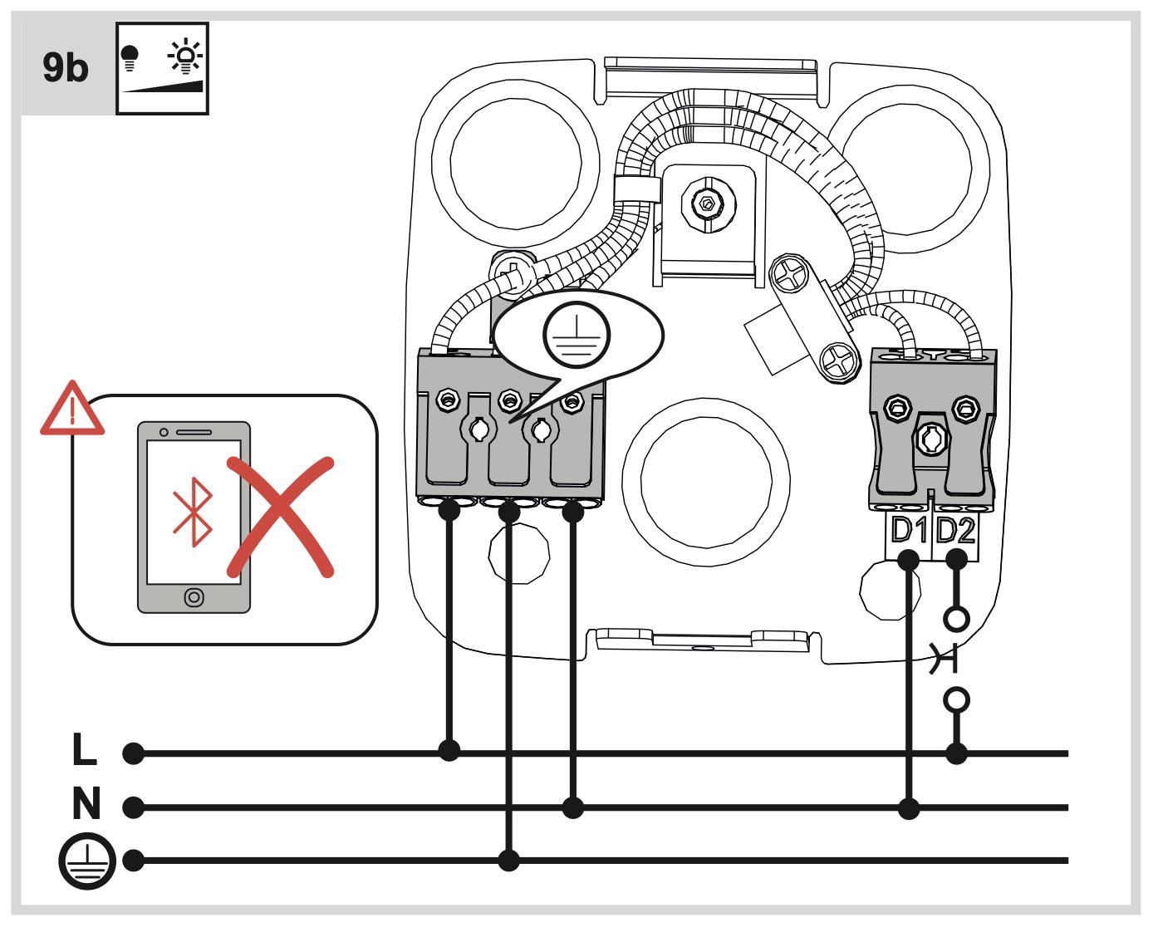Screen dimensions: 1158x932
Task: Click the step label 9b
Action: pyautogui.click(x=65, y=68)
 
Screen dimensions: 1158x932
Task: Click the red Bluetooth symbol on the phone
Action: pyautogui.click(x=193, y=512)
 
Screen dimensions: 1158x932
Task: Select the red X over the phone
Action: pyautogui.click(x=280, y=518)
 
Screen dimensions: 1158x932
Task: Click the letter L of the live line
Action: pyautogui.click(x=85, y=748)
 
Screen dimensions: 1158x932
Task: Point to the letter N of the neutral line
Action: pyautogui.click(x=86, y=803)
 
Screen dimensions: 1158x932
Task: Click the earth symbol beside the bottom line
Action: pyautogui.click(x=87, y=861)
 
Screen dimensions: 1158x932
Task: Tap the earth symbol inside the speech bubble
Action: pyautogui.click(x=577, y=334)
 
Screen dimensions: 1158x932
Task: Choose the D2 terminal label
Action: pyautogui.click(x=955, y=530)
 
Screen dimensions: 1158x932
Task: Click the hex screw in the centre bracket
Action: pyautogui.click(x=708, y=204)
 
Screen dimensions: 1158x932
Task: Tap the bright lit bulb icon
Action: pyautogui.click(x=185, y=56)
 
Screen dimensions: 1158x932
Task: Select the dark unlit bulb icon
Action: pyautogui.click(x=130, y=58)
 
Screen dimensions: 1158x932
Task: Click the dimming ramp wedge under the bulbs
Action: pyautogui.click(x=162, y=86)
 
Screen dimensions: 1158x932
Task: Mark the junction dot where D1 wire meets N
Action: pyautogui.click(x=909, y=808)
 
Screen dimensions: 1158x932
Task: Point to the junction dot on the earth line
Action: pyautogui.click(x=508, y=861)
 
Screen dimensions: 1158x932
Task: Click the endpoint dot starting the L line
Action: pyautogui.click(x=134, y=753)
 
